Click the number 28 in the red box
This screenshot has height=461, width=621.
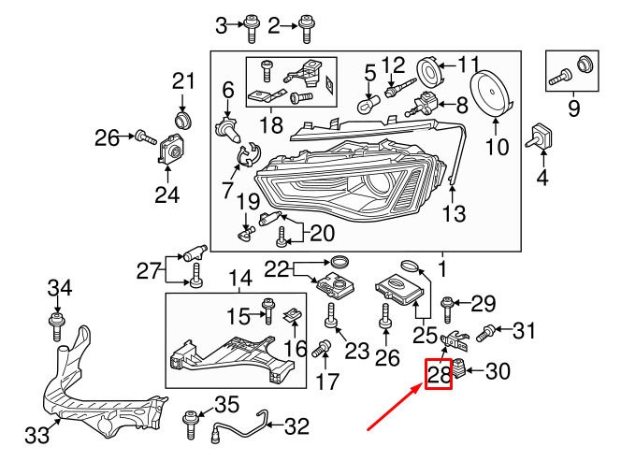click(x=439, y=375)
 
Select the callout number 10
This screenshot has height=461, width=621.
click(x=496, y=148)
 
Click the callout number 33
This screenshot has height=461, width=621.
click(x=36, y=436)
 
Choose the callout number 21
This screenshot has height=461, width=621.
click(x=181, y=83)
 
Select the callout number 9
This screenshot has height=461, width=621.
click(x=573, y=109)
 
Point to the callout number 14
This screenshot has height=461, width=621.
click(x=240, y=278)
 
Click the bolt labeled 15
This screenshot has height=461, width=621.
click(x=268, y=305)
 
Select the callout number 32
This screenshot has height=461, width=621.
click(x=296, y=427)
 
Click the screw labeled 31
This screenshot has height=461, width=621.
click(x=486, y=331)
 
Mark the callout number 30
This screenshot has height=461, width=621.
click(x=498, y=372)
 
